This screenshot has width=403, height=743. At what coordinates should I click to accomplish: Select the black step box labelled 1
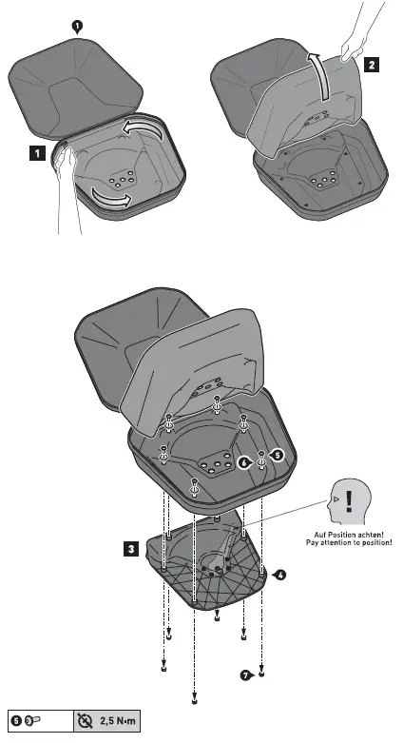(35, 151)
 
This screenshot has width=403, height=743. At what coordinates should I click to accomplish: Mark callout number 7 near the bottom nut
(246, 675)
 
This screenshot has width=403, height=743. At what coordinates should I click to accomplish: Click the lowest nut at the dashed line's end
(194, 702)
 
